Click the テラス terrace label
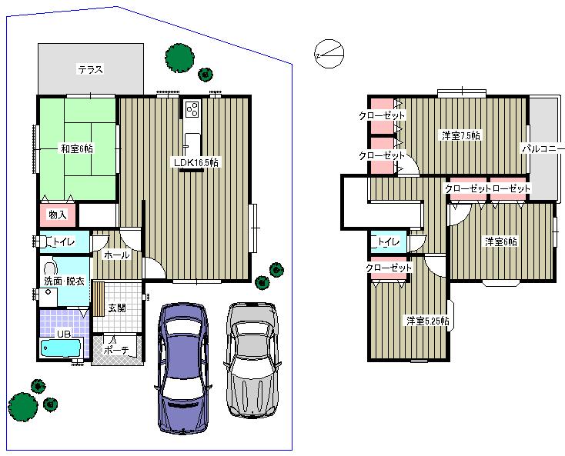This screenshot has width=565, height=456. [90, 69]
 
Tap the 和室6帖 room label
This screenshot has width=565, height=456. [77, 149]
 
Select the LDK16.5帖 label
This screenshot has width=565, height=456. [195, 162]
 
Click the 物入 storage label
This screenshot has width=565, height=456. [58, 214]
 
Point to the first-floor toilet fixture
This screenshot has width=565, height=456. [42, 241]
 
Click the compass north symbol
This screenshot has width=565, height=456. [329, 54]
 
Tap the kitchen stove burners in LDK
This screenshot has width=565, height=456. [192, 109]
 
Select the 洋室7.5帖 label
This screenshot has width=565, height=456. [460, 135]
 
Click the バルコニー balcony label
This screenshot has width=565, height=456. [543, 148]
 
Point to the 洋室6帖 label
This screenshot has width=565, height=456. [500, 241]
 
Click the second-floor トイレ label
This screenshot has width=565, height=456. [388, 242]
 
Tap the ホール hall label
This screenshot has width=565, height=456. [116, 255]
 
